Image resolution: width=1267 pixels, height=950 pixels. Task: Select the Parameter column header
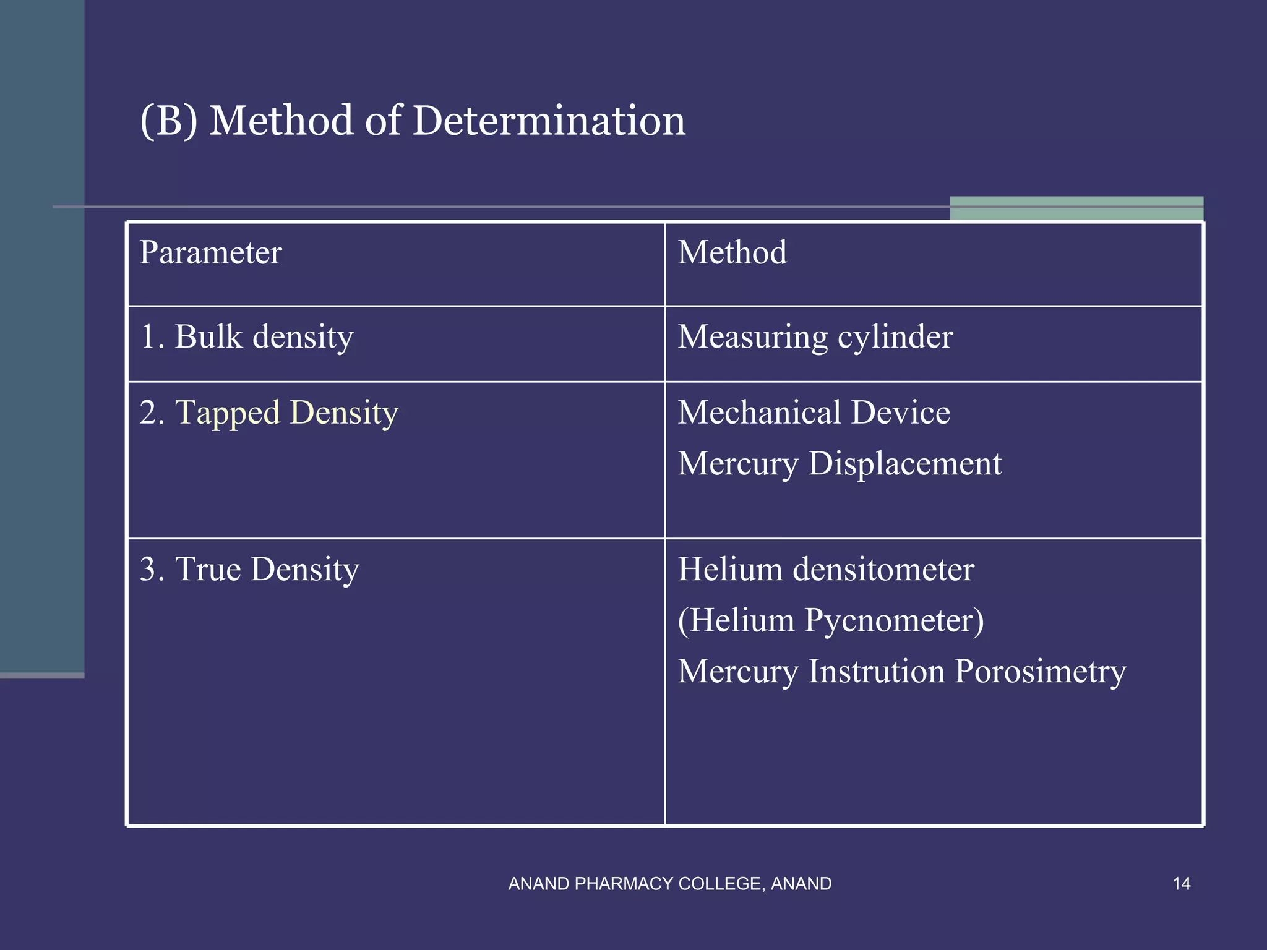[x=210, y=253]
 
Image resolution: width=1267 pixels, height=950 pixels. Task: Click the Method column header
[x=732, y=253]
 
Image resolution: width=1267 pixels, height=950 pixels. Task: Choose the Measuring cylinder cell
[x=815, y=338]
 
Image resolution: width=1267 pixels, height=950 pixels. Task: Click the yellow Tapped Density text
[x=286, y=413]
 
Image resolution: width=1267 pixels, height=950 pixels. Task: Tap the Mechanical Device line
[x=814, y=413]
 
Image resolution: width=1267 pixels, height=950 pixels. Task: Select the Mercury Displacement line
[x=840, y=464]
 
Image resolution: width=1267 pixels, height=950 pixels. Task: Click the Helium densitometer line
[x=826, y=570]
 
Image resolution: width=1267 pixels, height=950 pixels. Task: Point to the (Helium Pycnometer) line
[x=830, y=620]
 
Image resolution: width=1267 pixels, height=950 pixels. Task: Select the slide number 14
[x=1181, y=884]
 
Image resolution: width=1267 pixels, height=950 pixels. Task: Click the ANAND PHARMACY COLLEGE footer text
[x=669, y=884]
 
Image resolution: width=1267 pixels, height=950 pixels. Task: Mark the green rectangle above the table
[x=1076, y=208]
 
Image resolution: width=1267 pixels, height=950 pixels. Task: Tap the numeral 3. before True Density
[x=152, y=570]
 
